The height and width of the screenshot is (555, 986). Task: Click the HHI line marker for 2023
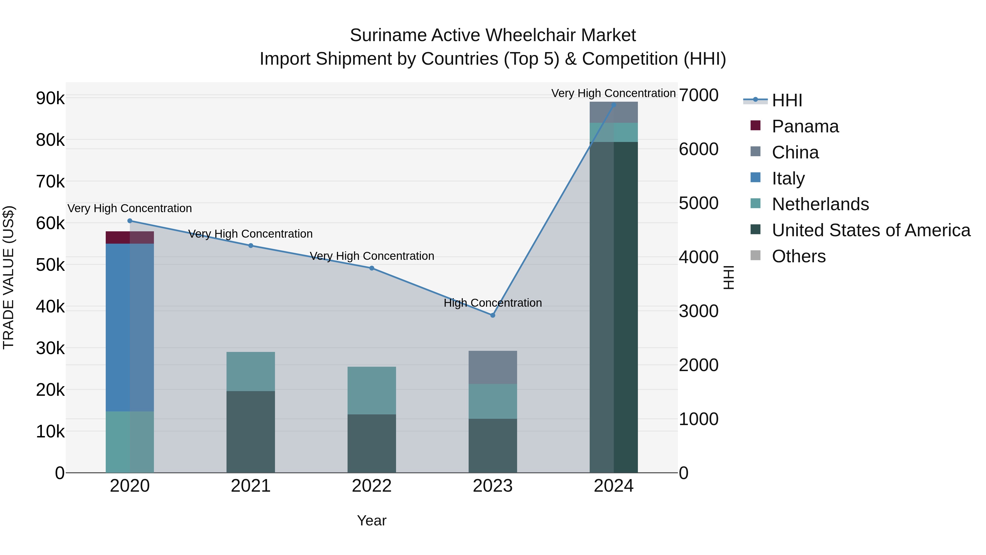[x=493, y=315]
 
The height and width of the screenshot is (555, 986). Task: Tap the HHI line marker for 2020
[x=130, y=221]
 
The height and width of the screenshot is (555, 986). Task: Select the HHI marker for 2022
[x=372, y=268]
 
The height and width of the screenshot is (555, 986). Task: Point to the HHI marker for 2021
[x=251, y=246]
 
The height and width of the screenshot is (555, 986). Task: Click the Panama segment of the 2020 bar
[x=130, y=237]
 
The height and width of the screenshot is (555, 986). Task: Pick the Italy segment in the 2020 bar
[x=130, y=328]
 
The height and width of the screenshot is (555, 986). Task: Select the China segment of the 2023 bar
[x=493, y=367]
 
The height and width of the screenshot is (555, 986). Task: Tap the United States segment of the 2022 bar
[x=372, y=443]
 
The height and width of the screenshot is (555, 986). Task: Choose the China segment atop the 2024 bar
[x=614, y=112]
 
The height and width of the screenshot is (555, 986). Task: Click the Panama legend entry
[x=805, y=126]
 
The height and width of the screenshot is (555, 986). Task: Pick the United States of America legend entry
[x=871, y=230]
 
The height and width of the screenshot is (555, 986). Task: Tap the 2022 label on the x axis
[x=372, y=486]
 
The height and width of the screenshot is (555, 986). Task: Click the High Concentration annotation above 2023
[x=493, y=303]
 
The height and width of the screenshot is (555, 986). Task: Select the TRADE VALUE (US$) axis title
[x=8, y=277]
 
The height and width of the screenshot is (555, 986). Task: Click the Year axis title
[x=372, y=520]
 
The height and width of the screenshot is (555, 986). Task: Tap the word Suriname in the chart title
[x=388, y=35]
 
